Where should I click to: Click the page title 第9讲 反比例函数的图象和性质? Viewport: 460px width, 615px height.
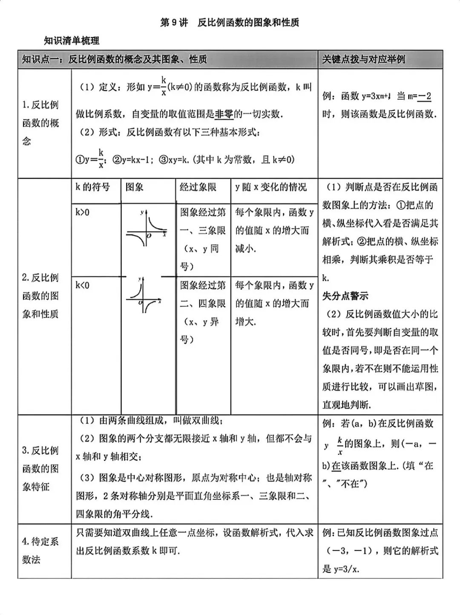pyautogui.click(x=230, y=23)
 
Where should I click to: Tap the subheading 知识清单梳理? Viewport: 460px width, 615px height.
pyautogui.click(x=72, y=41)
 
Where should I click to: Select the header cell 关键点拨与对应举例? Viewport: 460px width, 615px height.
pyautogui.click(x=363, y=59)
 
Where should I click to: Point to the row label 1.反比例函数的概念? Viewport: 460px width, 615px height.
pyautogui.click(x=41, y=123)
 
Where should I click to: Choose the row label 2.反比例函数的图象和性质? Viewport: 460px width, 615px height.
pyautogui.click(x=40, y=296)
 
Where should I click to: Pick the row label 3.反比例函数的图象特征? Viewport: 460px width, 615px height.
pyautogui.click(x=40, y=468)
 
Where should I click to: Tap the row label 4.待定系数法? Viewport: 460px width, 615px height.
pyautogui.click(x=40, y=550)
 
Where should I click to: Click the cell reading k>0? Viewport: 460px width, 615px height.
pyautogui.click(x=83, y=212)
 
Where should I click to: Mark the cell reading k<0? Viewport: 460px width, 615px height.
pyautogui.click(x=83, y=285)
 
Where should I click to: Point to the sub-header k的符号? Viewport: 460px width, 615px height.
pyautogui.click(x=92, y=187)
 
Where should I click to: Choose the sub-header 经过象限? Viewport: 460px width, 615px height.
pyautogui.click(x=198, y=187)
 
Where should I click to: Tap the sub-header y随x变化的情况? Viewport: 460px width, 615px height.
pyautogui.click(x=271, y=187)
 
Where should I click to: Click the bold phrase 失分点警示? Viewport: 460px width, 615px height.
pyautogui.click(x=345, y=296)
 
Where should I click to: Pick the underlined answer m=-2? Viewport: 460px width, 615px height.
pyautogui.click(x=425, y=96)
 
